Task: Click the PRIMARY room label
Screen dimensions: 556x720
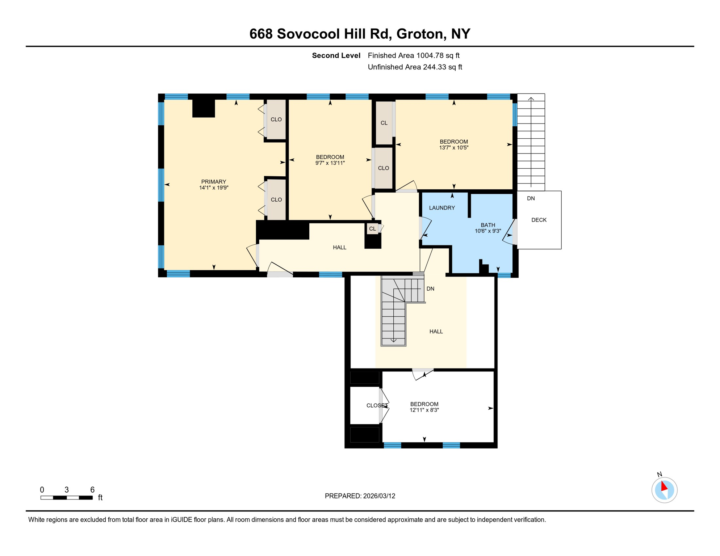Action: click(x=214, y=182)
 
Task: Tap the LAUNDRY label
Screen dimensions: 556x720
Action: click(x=442, y=208)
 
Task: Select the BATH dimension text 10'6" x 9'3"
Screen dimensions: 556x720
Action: click(x=488, y=231)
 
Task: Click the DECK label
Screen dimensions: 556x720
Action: click(x=539, y=220)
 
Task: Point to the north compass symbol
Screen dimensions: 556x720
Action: click(x=664, y=490)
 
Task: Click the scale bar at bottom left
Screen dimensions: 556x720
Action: click(x=67, y=498)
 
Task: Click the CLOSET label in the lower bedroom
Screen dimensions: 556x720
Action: click(x=377, y=405)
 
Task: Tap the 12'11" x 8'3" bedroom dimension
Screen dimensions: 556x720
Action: click(x=424, y=410)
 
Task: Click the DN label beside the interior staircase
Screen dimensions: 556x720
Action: click(x=430, y=289)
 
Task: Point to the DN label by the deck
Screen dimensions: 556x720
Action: click(x=531, y=198)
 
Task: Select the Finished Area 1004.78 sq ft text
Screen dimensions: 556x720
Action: click(x=413, y=55)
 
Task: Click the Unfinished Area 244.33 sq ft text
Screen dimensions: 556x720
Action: click(x=415, y=67)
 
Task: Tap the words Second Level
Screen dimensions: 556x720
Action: click(x=336, y=55)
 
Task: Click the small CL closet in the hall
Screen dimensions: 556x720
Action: click(x=372, y=229)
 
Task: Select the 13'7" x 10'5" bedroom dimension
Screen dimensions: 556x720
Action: click(x=454, y=148)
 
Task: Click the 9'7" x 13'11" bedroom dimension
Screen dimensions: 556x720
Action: click(x=330, y=163)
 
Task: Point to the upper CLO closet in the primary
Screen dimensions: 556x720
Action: click(x=276, y=119)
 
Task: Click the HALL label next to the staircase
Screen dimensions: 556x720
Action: click(x=436, y=332)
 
